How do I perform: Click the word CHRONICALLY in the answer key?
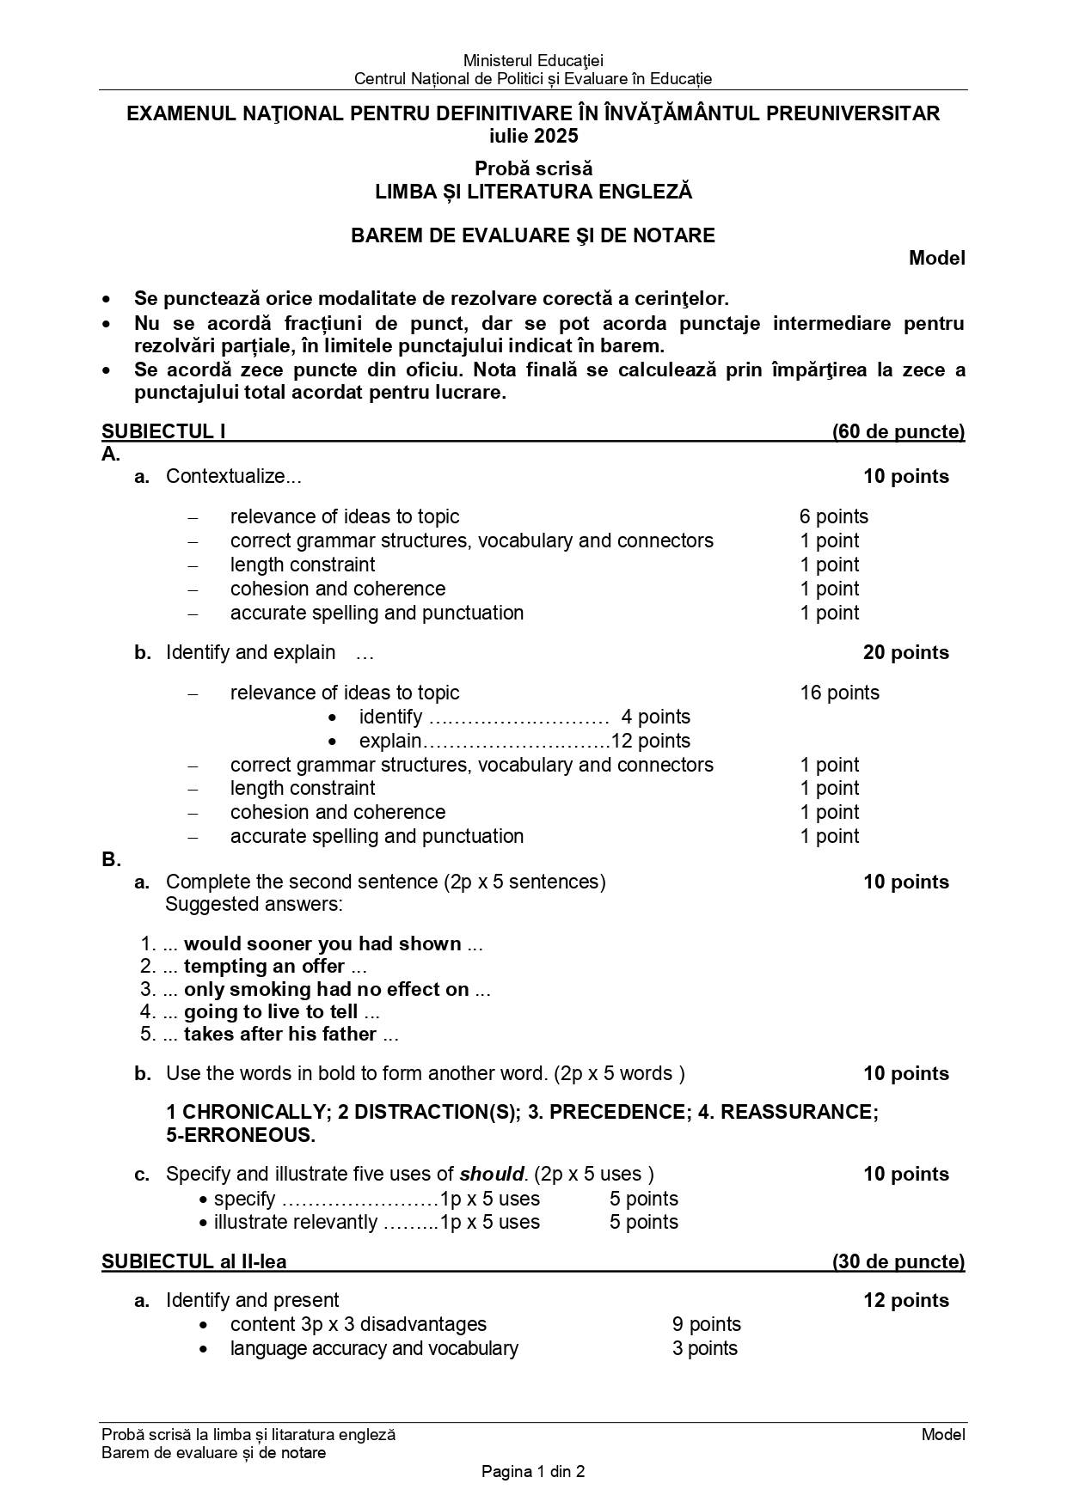coord(251,1112)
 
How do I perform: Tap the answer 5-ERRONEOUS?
coord(241,1135)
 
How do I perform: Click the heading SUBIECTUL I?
coord(163,431)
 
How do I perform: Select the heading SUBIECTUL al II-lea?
coord(194,1261)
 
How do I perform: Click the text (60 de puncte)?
coord(898,431)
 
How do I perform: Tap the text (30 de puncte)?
coord(898,1261)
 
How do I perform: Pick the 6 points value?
coord(833,516)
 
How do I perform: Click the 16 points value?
coord(839,693)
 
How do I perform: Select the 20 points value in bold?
coord(906,652)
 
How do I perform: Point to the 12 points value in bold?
coord(906,1300)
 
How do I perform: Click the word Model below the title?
coord(937,258)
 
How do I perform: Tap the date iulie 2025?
coord(533,136)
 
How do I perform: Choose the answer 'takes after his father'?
coord(280,1034)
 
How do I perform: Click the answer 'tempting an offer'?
coord(264,966)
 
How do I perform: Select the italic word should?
coord(492,1174)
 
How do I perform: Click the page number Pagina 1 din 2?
coord(533,1471)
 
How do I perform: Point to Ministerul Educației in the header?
coord(533,60)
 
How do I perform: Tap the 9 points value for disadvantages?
coord(706,1324)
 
